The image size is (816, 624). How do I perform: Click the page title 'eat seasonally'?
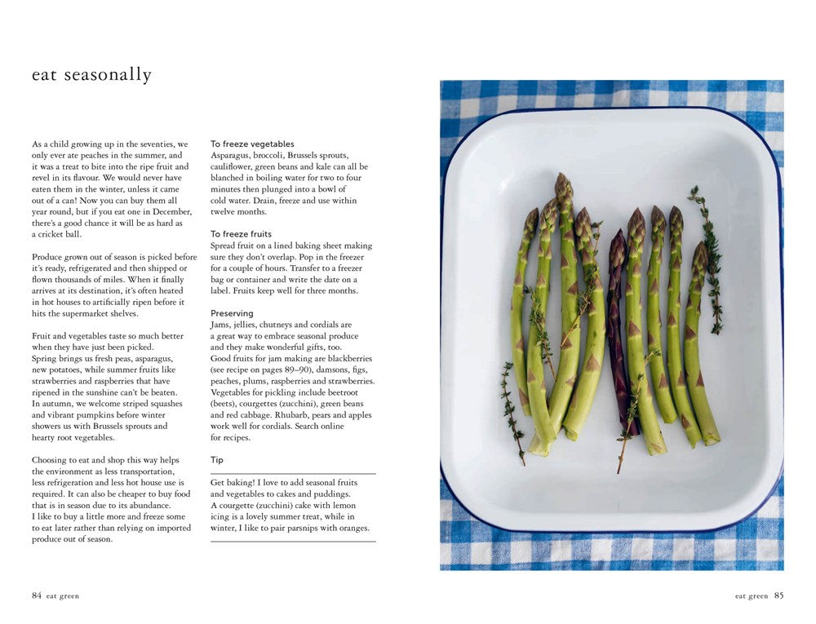click(91, 75)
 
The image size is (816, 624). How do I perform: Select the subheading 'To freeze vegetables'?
click(252, 144)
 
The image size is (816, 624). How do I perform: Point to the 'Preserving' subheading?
click(232, 313)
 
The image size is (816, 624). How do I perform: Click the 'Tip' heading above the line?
click(217, 460)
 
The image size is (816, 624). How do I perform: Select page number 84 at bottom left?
click(37, 595)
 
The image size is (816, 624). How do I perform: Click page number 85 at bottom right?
click(778, 595)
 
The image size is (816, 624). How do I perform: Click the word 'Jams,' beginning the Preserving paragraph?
click(222, 325)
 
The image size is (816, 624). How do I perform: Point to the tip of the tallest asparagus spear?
click(563, 179)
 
